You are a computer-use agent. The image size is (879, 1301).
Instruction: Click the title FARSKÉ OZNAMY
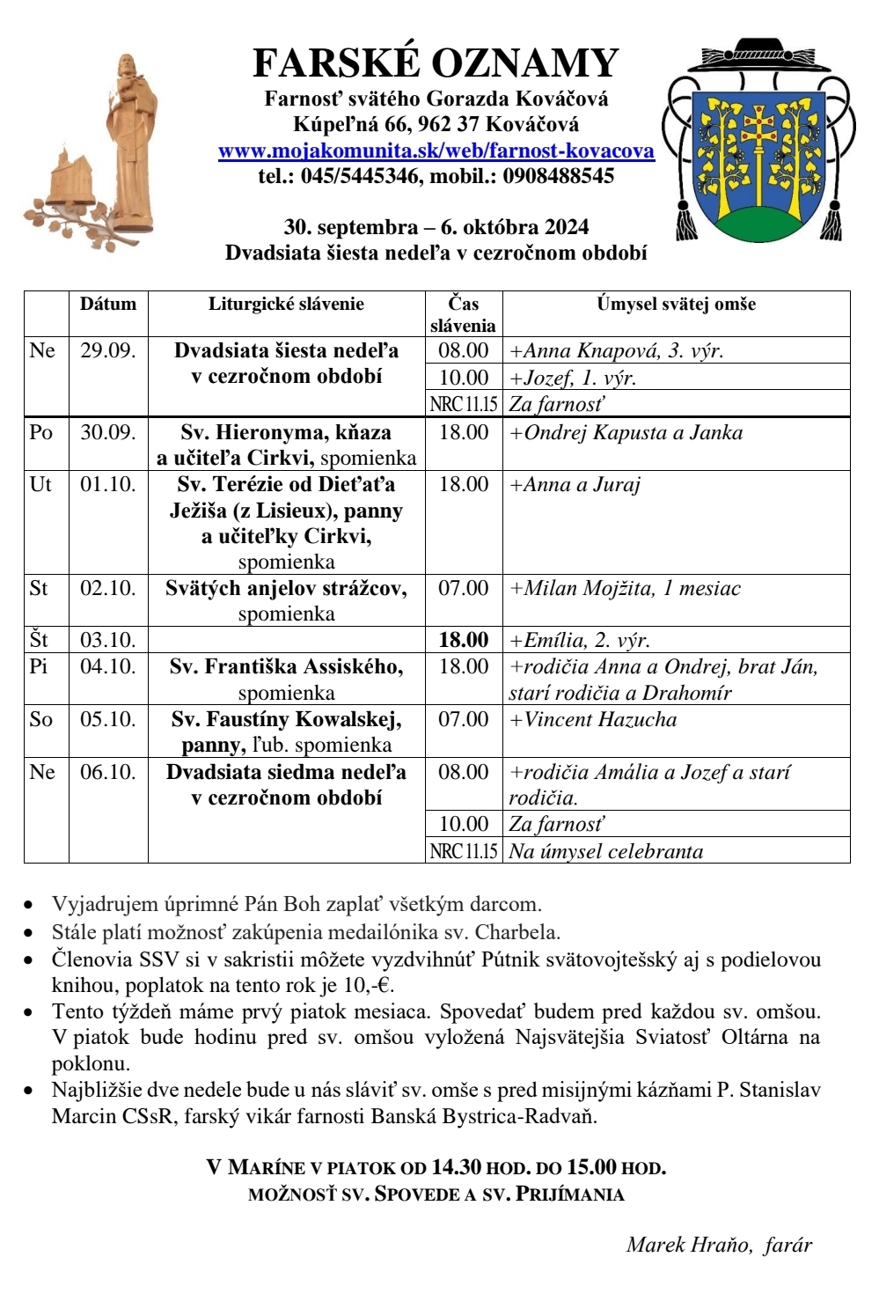pos(436,63)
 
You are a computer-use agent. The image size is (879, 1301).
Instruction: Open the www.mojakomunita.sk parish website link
pos(436,151)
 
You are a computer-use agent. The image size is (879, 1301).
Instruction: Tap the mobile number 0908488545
pos(558,176)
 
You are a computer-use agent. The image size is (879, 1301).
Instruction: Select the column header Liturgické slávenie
pos(286,305)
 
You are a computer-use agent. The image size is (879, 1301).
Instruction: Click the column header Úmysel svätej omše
pos(676,305)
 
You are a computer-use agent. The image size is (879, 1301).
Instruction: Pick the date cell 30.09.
pos(108,433)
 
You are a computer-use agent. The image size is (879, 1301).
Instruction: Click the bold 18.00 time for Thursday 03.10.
pos(464,640)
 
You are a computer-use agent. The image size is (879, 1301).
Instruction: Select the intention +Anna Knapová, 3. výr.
pos(617,351)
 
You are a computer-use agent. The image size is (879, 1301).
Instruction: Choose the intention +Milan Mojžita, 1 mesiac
pos(626,589)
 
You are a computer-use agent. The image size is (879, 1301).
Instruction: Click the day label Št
pos(40,640)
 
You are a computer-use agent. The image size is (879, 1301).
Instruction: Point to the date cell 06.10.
pos(108,773)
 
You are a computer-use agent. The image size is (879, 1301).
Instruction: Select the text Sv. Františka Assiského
pos(286,667)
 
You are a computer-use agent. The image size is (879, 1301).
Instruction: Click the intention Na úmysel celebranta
pos(606,851)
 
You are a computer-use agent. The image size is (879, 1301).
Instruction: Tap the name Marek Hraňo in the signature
pos(689,1245)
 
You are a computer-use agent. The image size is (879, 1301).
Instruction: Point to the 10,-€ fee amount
pos(370,985)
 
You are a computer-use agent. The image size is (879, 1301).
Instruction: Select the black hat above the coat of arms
pos(758,55)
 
